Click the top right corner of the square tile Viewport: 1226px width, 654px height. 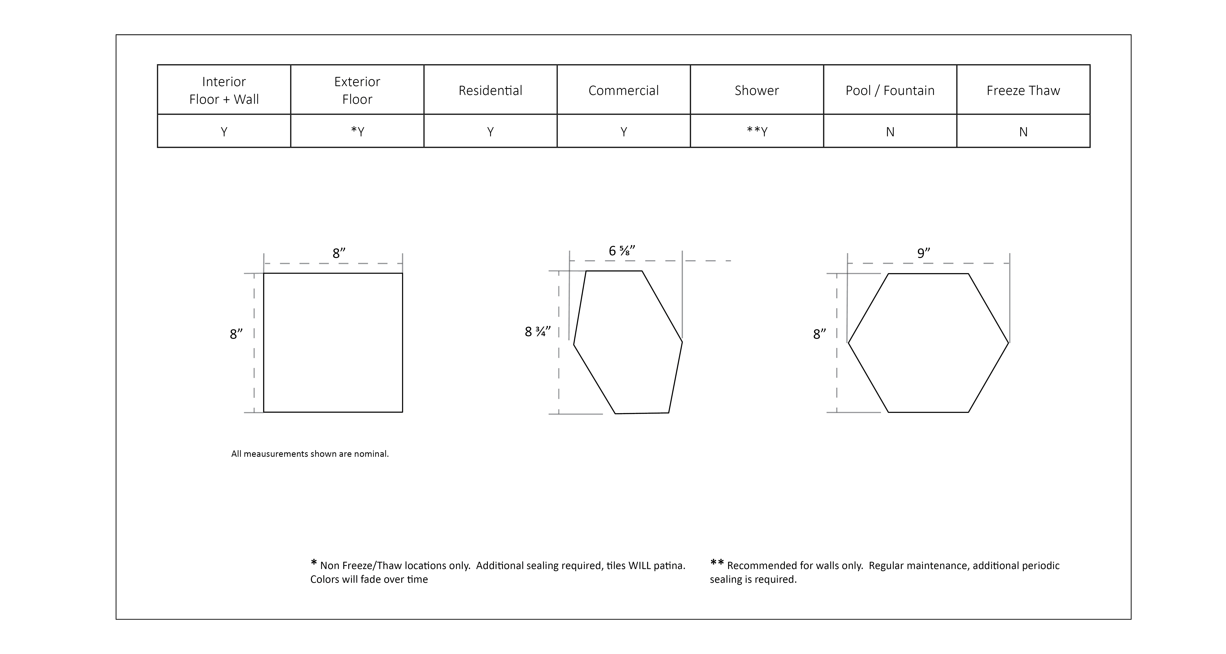point(403,273)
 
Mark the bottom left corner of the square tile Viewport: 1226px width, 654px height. point(264,412)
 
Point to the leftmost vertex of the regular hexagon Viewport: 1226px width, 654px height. point(849,343)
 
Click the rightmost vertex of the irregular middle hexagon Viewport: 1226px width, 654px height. point(682,342)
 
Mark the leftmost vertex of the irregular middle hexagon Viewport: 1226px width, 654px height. point(574,345)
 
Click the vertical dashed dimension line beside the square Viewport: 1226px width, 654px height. point(254,343)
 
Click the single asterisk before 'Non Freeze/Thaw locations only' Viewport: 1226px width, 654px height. point(314,563)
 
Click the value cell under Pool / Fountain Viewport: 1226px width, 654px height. point(890,131)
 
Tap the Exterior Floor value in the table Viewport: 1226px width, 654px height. point(357,131)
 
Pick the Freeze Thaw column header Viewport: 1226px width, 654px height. point(1023,90)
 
